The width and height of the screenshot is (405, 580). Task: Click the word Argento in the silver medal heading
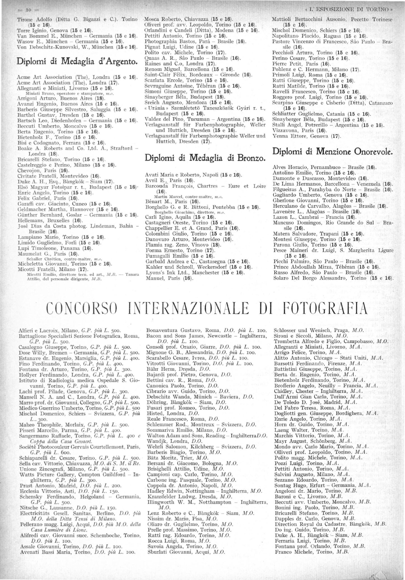click(117, 61)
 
